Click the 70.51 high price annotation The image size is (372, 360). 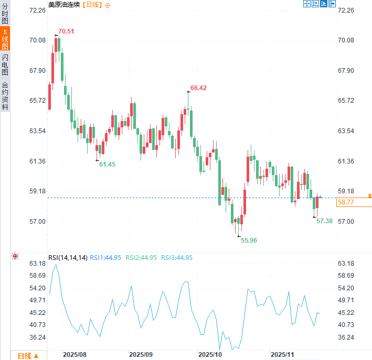click(x=66, y=31)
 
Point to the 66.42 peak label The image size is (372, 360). click(x=198, y=88)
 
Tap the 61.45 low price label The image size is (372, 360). click(x=107, y=165)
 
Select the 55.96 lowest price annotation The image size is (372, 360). click(x=249, y=240)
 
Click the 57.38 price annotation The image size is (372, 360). click(x=325, y=221)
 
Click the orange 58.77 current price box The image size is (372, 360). click(x=354, y=202)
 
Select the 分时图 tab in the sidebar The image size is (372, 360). click(x=5, y=13)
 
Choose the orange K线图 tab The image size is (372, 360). click(x=5, y=39)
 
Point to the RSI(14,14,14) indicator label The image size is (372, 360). click(x=68, y=258)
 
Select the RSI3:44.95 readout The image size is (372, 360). click(x=176, y=258)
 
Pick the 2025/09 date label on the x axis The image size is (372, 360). click(x=141, y=355)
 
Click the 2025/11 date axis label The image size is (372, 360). click(x=282, y=355)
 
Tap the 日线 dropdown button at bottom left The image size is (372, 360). click(x=28, y=356)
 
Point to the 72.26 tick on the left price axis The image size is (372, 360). click(x=23, y=10)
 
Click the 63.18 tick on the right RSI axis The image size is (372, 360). click(x=348, y=264)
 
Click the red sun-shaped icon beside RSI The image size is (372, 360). click(x=15, y=256)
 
